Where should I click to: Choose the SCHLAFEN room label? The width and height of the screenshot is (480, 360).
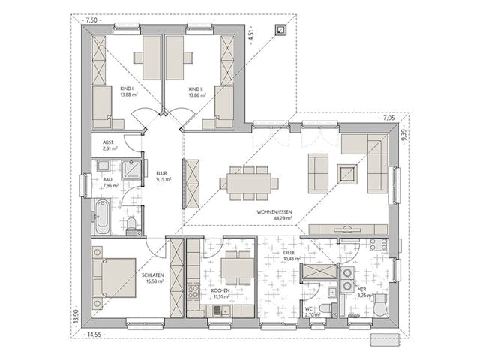coord(152,276)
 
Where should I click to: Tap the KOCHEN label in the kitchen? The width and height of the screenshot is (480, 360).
coord(222,290)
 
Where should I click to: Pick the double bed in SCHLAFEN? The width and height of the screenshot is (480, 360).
coord(115,276)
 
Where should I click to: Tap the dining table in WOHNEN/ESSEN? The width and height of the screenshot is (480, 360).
coord(248,182)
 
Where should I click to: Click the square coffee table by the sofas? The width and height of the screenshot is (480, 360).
coord(346,174)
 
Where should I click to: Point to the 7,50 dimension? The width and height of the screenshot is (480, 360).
coord(91,21)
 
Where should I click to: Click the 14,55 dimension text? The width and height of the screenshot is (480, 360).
coord(95,334)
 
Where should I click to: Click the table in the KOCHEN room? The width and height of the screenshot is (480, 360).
coord(235,265)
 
